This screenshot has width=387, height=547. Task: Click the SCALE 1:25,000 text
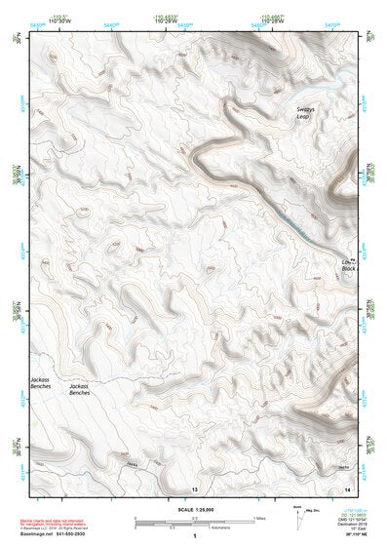(193, 509)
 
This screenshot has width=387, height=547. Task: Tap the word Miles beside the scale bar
(260, 518)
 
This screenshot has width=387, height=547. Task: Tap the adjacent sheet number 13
(194, 488)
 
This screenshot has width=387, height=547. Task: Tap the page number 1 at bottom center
(194, 536)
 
